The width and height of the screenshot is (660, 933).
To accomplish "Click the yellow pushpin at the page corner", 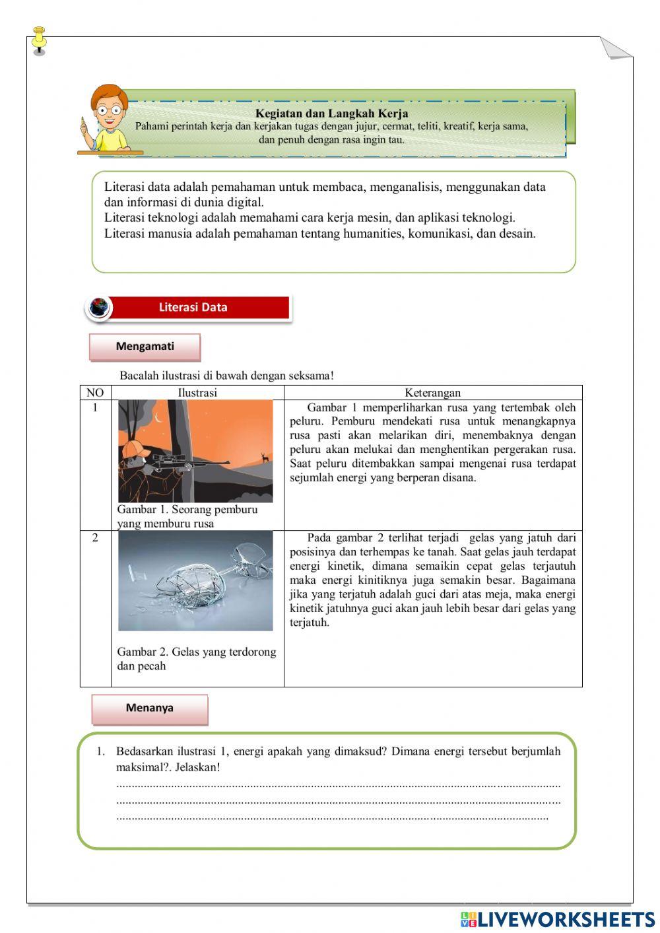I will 40,40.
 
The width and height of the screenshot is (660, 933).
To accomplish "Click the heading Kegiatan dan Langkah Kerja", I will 331,114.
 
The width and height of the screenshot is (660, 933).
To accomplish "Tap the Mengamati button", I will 145,347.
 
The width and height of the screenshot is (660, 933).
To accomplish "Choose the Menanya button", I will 150,708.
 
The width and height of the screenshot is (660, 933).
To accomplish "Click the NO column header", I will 95,393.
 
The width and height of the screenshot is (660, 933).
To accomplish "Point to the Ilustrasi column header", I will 197,393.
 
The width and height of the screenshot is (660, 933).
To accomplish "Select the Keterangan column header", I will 432,393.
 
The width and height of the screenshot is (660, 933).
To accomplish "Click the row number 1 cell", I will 95,408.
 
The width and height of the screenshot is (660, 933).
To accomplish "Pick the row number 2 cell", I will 95,538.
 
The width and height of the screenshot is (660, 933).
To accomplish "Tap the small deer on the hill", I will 264,456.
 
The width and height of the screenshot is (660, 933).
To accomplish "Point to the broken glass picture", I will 195,580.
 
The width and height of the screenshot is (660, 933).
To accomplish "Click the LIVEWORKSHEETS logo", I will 558,919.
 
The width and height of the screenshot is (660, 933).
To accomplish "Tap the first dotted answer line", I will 338,786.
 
